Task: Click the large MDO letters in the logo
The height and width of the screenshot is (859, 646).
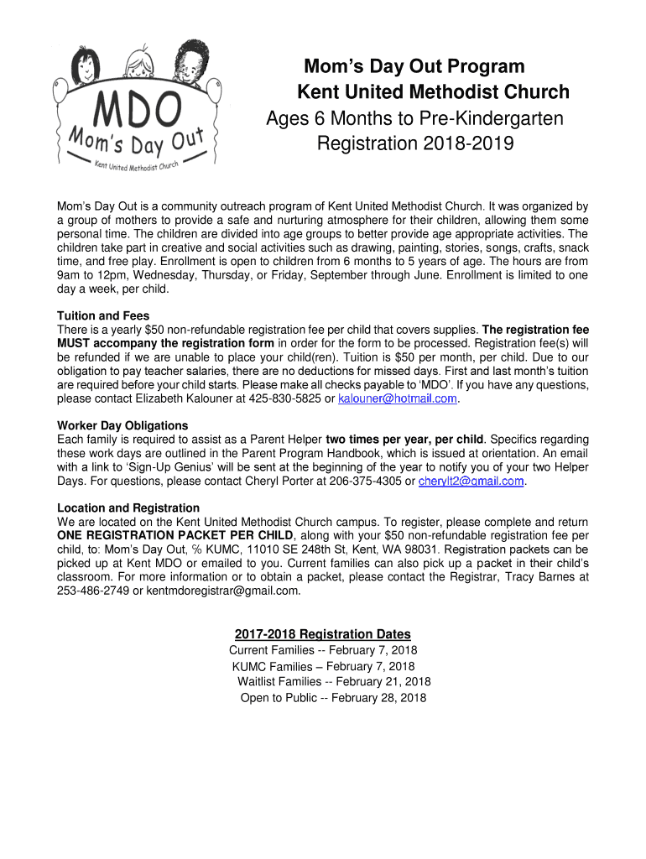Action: click(138, 108)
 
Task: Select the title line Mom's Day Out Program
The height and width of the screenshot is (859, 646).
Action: click(414, 66)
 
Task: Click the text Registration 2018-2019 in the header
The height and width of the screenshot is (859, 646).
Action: click(414, 144)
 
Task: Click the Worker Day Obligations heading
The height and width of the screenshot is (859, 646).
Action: click(122, 425)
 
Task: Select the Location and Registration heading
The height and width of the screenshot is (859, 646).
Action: click(128, 508)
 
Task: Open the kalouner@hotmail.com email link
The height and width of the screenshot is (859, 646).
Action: click(397, 398)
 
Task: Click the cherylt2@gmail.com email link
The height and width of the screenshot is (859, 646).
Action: click(471, 481)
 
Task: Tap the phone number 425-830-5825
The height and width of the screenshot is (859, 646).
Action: click(285, 398)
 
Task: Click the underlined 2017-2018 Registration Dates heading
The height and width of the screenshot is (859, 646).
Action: click(323, 634)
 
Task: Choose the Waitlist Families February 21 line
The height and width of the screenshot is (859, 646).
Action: click(334, 681)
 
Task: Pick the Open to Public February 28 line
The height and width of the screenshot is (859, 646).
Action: click(333, 697)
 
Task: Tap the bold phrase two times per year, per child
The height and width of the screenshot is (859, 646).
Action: click(404, 439)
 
